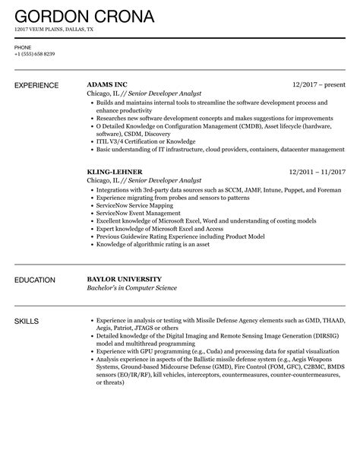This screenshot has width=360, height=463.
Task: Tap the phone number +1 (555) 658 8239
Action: (34, 55)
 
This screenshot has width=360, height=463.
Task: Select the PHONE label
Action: (23, 47)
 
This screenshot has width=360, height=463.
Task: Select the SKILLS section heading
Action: (28, 323)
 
